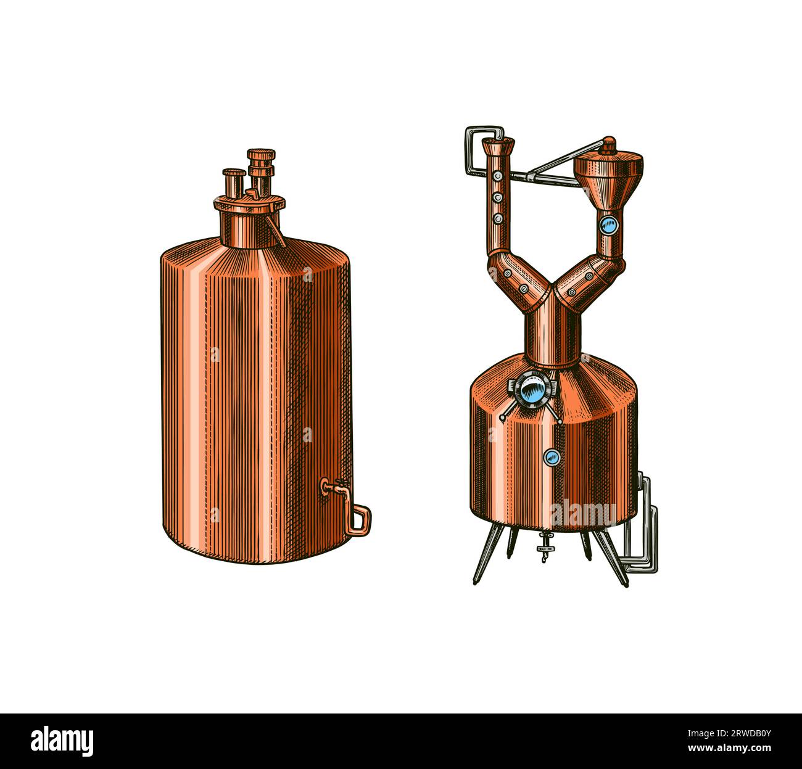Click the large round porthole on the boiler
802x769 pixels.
tap(531, 390)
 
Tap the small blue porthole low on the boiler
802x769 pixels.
tap(552, 456)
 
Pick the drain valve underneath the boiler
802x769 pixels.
tap(545, 546)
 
